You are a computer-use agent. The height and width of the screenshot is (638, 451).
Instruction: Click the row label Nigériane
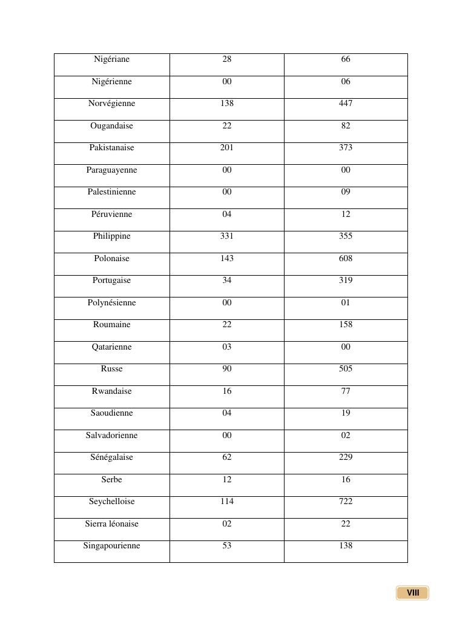click(111, 59)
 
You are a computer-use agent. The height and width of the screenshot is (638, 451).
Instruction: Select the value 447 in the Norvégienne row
click(346, 104)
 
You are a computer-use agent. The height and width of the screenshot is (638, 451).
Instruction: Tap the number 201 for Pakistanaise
click(227, 148)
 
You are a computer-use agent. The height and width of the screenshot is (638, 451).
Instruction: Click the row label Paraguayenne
click(111, 170)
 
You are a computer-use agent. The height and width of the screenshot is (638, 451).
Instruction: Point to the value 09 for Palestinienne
click(346, 192)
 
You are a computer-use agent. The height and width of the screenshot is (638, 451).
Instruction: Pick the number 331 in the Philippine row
click(227, 236)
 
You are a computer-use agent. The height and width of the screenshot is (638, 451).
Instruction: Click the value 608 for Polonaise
click(346, 259)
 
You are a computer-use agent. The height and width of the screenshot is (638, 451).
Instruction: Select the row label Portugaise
click(111, 281)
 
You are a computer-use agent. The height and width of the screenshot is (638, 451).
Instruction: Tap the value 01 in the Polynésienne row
click(346, 303)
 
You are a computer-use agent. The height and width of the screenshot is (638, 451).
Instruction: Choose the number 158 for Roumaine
click(346, 325)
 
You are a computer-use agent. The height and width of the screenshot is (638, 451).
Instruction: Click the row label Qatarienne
click(111, 347)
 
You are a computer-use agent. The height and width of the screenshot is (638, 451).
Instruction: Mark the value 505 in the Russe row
click(346, 369)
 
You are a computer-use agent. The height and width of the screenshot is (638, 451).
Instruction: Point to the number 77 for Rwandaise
click(346, 391)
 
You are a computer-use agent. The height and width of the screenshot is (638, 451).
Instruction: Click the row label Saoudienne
click(111, 413)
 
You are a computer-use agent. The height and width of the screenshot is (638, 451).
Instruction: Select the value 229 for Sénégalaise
click(346, 457)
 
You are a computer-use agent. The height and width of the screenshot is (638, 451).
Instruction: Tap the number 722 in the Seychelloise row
click(346, 502)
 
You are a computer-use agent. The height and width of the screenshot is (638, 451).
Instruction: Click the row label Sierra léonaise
click(111, 524)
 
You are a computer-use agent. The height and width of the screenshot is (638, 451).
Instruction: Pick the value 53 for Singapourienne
click(227, 546)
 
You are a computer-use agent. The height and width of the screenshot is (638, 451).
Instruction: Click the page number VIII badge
click(413, 593)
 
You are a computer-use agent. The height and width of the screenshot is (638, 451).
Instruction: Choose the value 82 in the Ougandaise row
click(346, 126)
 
